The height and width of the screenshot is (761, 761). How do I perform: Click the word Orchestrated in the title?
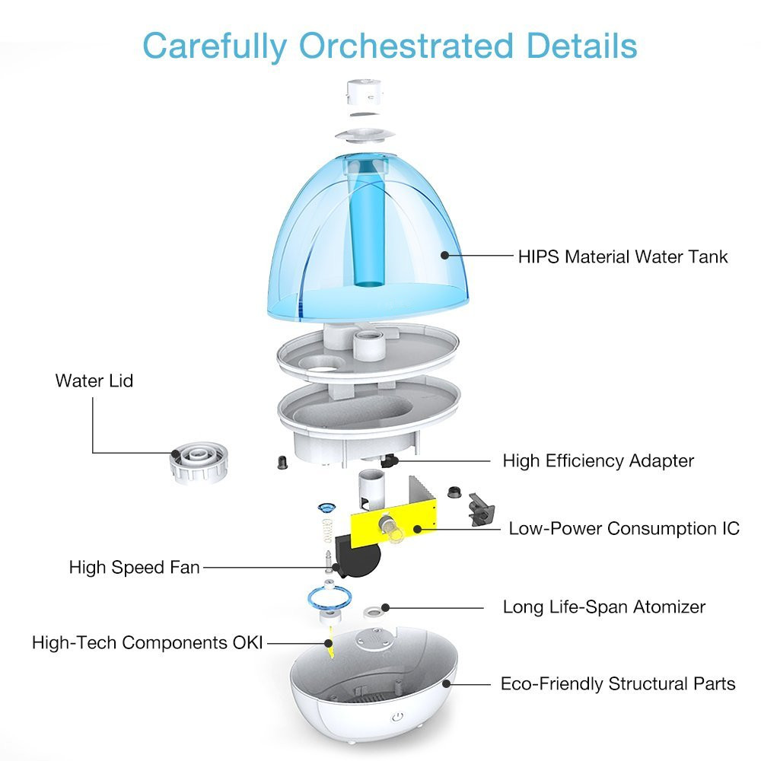point(406,46)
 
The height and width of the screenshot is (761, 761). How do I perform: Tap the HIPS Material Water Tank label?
point(622,256)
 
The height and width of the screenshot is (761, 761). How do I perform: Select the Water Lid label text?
point(94,380)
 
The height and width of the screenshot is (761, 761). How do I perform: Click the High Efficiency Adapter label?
point(598,460)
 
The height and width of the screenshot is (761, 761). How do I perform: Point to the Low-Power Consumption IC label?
point(624,528)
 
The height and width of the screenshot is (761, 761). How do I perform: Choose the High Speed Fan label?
point(134,567)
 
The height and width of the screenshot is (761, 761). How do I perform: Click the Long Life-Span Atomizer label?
point(603,607)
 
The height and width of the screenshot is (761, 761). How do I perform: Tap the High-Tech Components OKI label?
point(147,642)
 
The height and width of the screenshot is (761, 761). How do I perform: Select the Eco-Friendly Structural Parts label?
point(618,683)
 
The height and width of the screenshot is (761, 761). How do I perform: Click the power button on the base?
point(397,718)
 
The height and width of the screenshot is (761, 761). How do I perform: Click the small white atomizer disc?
point(373,610)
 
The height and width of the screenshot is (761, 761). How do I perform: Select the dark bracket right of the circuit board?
point(482,505)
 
